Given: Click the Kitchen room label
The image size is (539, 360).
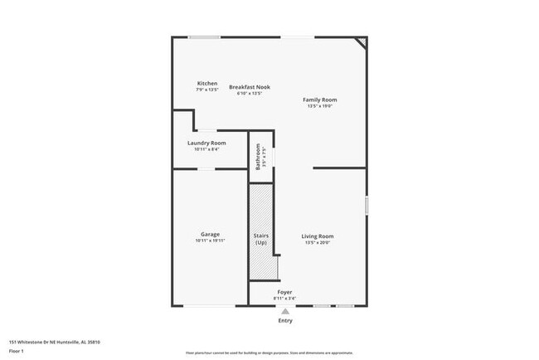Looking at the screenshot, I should pyautogui.click(x=207, y=83).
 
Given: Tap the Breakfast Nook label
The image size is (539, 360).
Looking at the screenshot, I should pyautogui.click(x=250, y=87).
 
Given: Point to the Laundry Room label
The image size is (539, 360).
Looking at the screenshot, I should pyautogui.click(x=206, y=143).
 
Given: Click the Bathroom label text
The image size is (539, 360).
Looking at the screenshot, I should pyautogui.click(x=258, y=154).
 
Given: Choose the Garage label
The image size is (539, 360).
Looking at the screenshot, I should pyautogui.click(x=210, y=234).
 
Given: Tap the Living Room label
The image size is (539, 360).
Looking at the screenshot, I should pyautogui.click(x=318, y=236).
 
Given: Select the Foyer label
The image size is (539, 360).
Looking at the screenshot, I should pyautogui.click(x=284, y=292).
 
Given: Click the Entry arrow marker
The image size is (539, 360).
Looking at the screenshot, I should pyautogui.click(x=285, y=310).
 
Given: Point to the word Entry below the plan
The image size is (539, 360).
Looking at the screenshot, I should pyautogui.click(x=285, y=320).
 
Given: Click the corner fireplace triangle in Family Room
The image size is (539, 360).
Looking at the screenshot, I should pyautogui.click(x=362, y=41).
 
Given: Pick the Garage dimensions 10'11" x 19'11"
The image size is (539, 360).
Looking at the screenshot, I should pyautogui.click(x=210, y=241).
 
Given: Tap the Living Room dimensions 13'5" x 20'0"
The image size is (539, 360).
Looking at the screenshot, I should pyautogui.click(x=318, y=243).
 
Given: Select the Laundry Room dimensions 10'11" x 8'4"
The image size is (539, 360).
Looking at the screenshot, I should pyautogui.click(x=206, y=149).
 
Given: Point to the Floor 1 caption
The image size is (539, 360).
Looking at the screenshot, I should pyautogui.click(x=17, y=351).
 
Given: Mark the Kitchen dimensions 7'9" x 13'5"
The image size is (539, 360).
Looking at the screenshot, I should pyautogui.click(x=207, y=90).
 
